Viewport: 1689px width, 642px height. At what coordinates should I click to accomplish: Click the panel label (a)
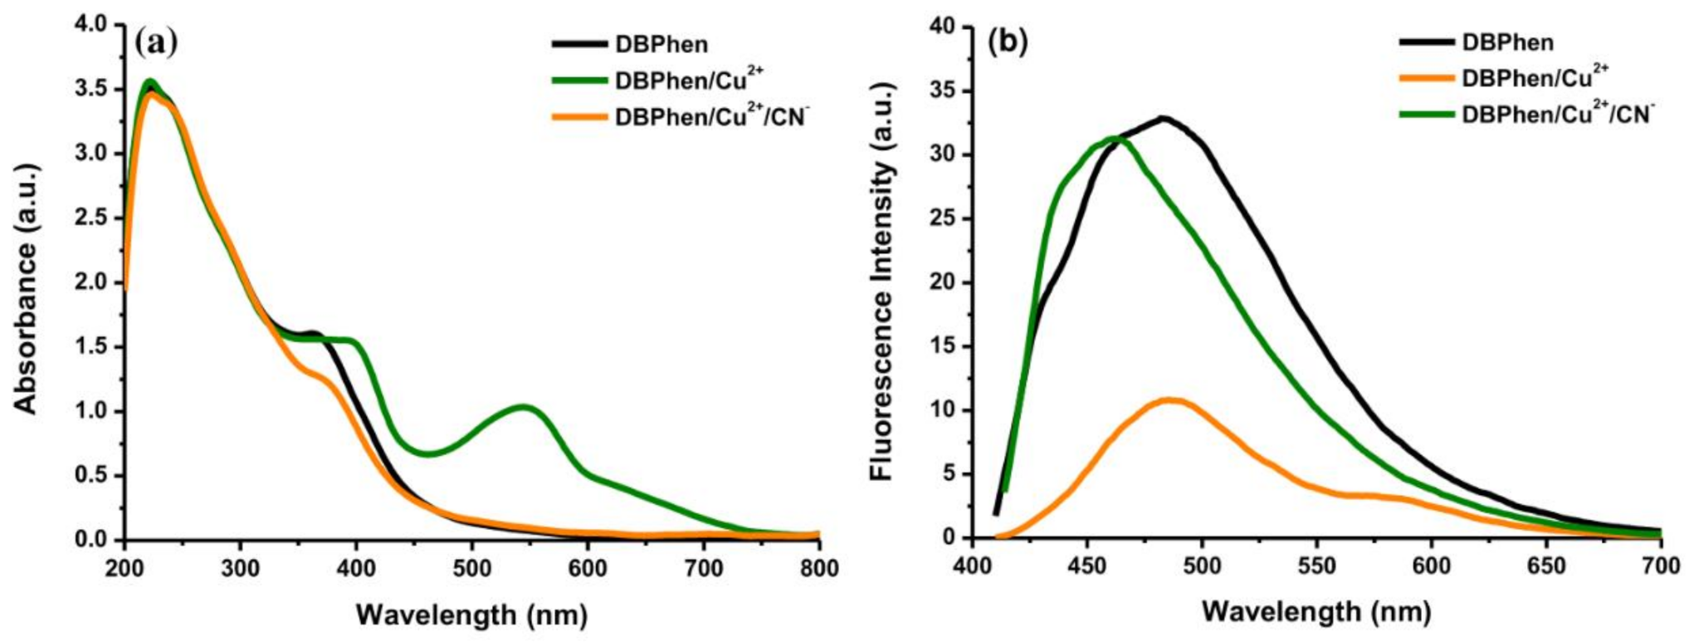coord(155,42)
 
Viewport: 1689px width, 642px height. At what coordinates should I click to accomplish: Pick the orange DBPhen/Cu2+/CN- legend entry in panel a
coord(710,116)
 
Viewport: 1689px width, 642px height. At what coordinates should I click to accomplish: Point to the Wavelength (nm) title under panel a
coord(471,615)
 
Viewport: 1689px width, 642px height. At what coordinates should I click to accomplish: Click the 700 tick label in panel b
coord(1661,566)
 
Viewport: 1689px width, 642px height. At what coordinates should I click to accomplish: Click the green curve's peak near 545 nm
coord(524,406)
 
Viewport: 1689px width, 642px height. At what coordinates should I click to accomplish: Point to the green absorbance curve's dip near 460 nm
coord(427,454)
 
